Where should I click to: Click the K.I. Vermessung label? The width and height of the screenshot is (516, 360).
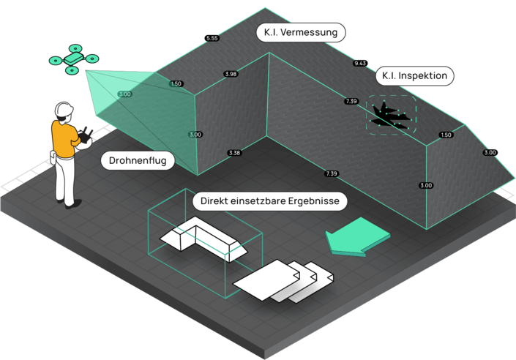301,32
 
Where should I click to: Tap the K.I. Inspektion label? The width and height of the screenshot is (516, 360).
415,76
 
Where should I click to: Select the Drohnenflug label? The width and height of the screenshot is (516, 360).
138,160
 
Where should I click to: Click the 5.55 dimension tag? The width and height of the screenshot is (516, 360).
212,38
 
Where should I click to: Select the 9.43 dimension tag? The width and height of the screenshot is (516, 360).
360,63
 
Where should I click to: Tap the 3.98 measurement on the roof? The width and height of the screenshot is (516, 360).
231,74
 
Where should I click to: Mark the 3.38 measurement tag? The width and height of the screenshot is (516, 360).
234,153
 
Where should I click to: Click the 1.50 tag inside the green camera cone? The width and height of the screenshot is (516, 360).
176,83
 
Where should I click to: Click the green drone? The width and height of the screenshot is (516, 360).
74,59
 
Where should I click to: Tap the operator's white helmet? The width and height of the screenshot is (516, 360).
64,109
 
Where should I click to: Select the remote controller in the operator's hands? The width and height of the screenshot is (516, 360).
85,135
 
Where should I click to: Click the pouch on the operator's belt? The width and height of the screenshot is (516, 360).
53,157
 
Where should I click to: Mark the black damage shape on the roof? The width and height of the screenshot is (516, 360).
390,116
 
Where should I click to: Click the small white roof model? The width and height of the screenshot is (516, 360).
203,239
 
